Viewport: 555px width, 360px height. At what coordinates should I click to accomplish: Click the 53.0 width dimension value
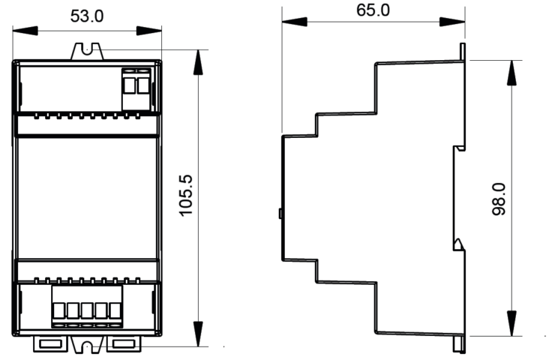(87, 16)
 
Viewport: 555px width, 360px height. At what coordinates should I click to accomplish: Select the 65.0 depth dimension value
(373, 10)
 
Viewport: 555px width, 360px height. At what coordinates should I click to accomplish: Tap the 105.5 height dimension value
(186, 195)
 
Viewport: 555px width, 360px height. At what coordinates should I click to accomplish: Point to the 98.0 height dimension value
(499, 199)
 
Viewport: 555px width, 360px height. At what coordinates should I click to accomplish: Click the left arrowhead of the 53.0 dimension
(25, 31)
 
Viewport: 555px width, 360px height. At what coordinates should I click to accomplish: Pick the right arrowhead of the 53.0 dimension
(149, 31)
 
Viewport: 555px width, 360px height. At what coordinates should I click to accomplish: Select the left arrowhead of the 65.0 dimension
(295, 22)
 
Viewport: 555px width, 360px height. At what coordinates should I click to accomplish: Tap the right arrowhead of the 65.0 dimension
(452, 22)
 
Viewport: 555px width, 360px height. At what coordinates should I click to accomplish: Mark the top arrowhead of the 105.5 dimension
(198, 62)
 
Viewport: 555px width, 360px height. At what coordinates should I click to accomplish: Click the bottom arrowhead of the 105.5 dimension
(198, 334)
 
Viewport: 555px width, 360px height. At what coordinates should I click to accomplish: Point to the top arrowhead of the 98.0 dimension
(511, 73)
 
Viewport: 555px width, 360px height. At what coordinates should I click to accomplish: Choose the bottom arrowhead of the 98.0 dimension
(511, 323)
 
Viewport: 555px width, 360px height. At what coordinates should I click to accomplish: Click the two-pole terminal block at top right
(136, 89)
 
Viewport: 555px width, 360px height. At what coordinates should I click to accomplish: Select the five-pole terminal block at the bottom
(87, 307)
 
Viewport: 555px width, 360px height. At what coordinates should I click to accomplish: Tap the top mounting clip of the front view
(87, 52)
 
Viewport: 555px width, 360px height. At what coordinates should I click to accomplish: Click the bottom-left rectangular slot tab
(51, 343)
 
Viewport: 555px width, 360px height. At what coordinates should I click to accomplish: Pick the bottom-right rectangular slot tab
(124, 343)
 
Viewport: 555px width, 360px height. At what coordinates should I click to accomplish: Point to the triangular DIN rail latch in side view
(459, 244)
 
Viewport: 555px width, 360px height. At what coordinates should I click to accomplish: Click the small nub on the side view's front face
(280, 214)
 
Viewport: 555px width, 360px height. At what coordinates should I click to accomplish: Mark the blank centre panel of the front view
(87, 198)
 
